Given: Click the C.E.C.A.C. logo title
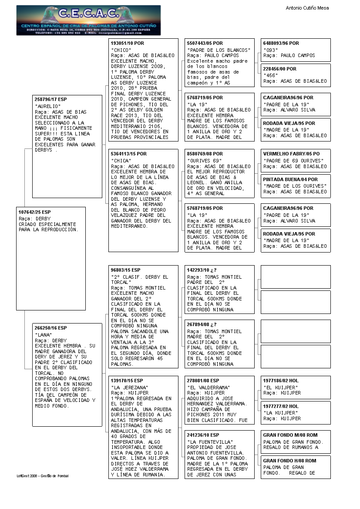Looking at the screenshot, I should click(88, 14).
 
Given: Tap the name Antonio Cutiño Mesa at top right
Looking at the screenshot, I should click(307, 8).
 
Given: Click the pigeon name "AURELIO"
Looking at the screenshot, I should click(48, 106).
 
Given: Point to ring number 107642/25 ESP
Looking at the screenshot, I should click(35, 212).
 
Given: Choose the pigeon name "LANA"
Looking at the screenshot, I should click(44, 334).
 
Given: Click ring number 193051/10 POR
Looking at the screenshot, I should click(127, 44).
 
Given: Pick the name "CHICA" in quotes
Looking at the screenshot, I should click(121, 161).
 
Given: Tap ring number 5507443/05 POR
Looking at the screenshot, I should click(205, 44).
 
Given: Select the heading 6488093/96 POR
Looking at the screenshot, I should click(281, 44).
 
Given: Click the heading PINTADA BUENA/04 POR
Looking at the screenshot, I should click(290, 179).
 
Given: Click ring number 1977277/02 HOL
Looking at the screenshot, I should click(281, 406).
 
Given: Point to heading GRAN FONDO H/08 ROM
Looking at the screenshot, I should click(289, 461).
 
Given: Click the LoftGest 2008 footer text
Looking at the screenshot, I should click(43, 476).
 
